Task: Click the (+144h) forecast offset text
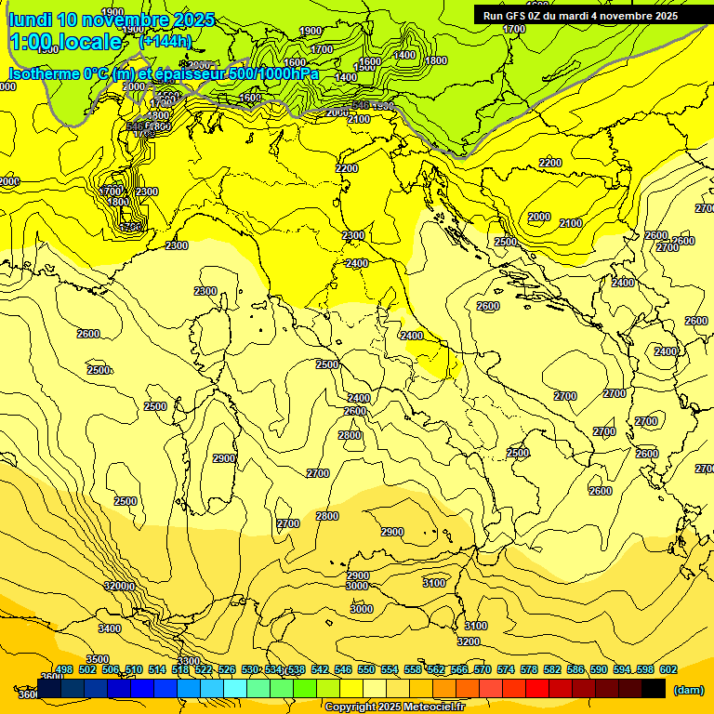point(165,41)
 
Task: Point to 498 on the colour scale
point(63,669)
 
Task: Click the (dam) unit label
point(689,690)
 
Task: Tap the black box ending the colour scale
point(654,688)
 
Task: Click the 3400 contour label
point(110,628)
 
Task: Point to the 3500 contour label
point(98,659)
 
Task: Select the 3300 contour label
point(189,661)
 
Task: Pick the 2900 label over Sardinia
point(224,458)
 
